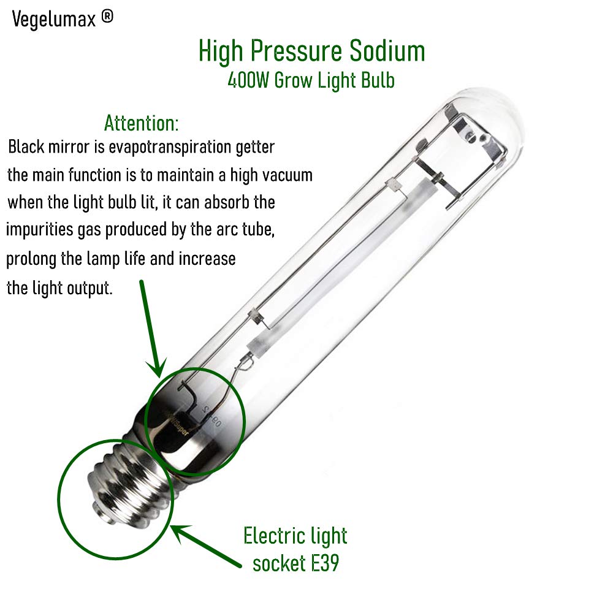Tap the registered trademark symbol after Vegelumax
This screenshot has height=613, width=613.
coord(107,18)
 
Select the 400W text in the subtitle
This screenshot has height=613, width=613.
coord(247,80)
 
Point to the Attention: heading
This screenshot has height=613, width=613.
coord(142,123)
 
